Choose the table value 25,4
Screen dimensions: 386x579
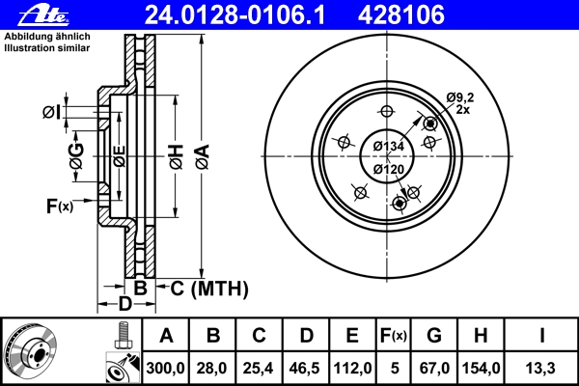[x=260, y=368]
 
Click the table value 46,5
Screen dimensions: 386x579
[x=306, y=368]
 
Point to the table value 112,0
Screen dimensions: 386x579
[x=352, y=368]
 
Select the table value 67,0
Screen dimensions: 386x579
[x=433, y=368]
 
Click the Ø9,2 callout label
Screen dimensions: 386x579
[x=458, y=96]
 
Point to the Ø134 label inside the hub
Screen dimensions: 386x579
[x=388, y=146]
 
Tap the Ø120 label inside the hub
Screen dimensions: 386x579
[x=388, y=170]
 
